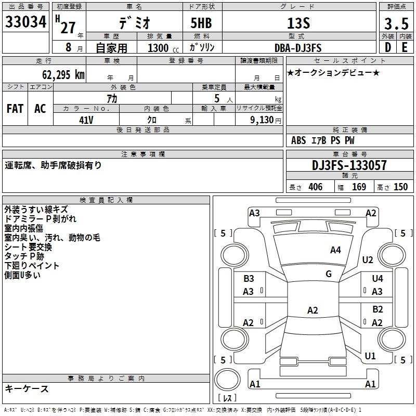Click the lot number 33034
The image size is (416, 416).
tap(25, 22)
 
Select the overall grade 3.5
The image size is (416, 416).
tap(396, 23)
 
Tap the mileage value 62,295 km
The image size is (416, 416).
tap(63, 75)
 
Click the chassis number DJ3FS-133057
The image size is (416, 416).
tap(349, 165)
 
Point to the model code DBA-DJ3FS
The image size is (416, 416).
tap(298, 48)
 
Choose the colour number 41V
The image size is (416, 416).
tap(86, 120)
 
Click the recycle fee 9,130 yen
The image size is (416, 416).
tap(266, 120)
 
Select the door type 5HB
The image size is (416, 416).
tap(201, 23)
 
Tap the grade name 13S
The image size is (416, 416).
tap(298, 23)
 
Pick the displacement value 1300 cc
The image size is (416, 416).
tap(163, 48)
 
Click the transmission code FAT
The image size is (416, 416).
tap(15, 109)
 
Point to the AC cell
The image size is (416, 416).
tap(40, 109)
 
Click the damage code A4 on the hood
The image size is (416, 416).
tap(335, 250)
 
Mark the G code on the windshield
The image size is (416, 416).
tap(329, 274)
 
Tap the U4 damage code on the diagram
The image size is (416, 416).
tap(378, 278)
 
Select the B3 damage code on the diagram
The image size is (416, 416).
tap(249, 279)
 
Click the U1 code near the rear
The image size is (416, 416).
tap(370, 356)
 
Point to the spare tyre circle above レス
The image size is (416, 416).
tap(227, 380)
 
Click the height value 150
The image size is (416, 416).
tap(400, 187)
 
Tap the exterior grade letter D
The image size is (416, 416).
tap(388, 47)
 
